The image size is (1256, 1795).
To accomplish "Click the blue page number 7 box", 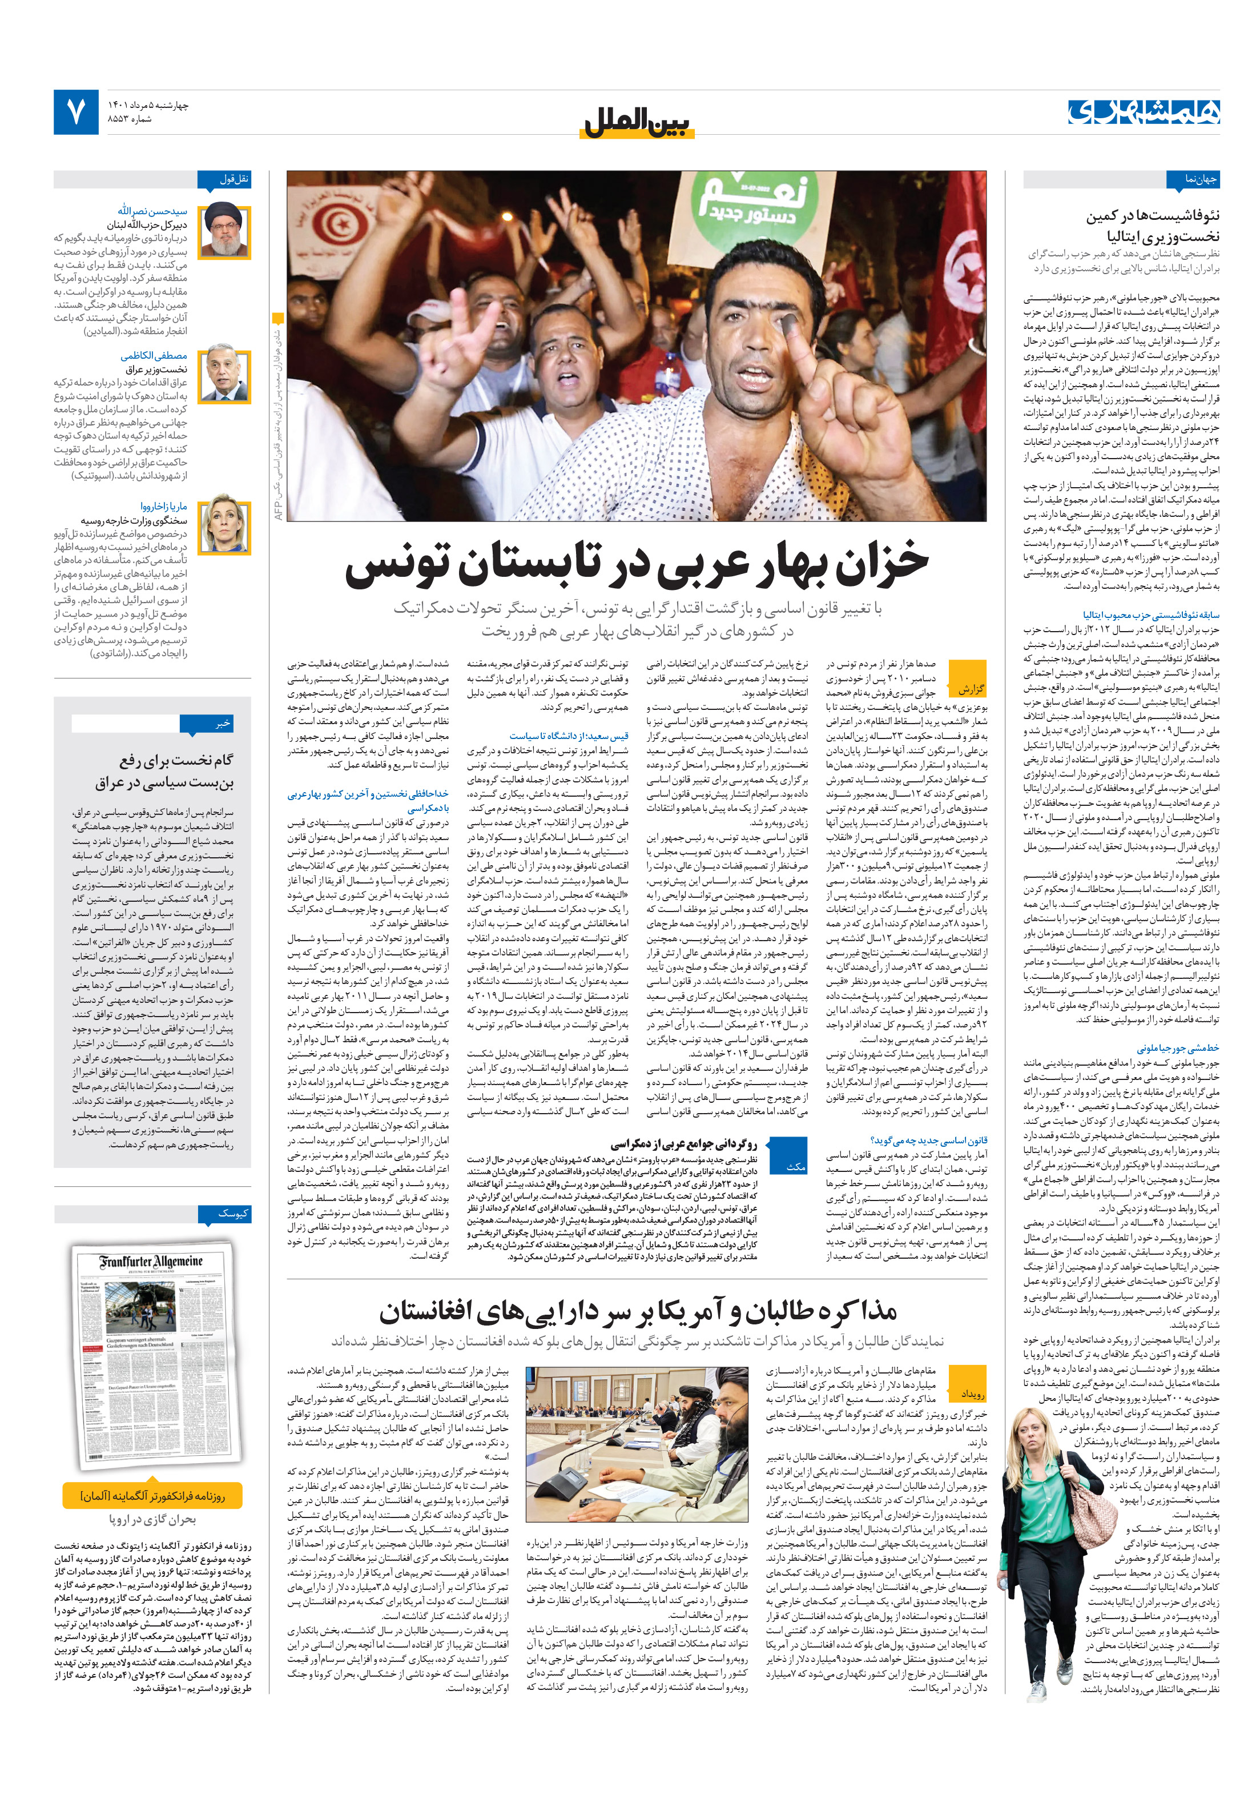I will pyautogui.click(x=76, y=112).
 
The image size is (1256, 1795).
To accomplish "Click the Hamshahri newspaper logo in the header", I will pyautogui.click(x=1142, y=112).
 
